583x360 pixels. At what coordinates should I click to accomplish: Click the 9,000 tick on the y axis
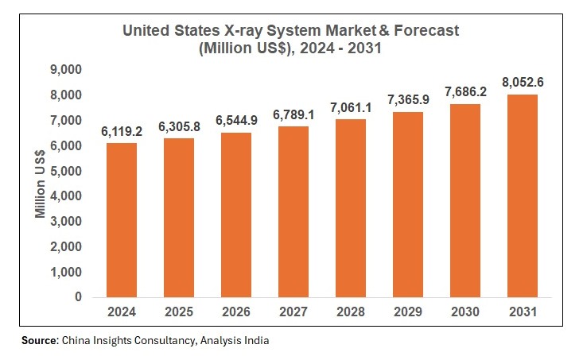point(66,70)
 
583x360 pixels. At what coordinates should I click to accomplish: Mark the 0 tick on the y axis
point(78,297)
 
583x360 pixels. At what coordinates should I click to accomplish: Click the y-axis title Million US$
point(41,184)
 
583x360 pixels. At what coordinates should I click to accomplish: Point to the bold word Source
point(41,340)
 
